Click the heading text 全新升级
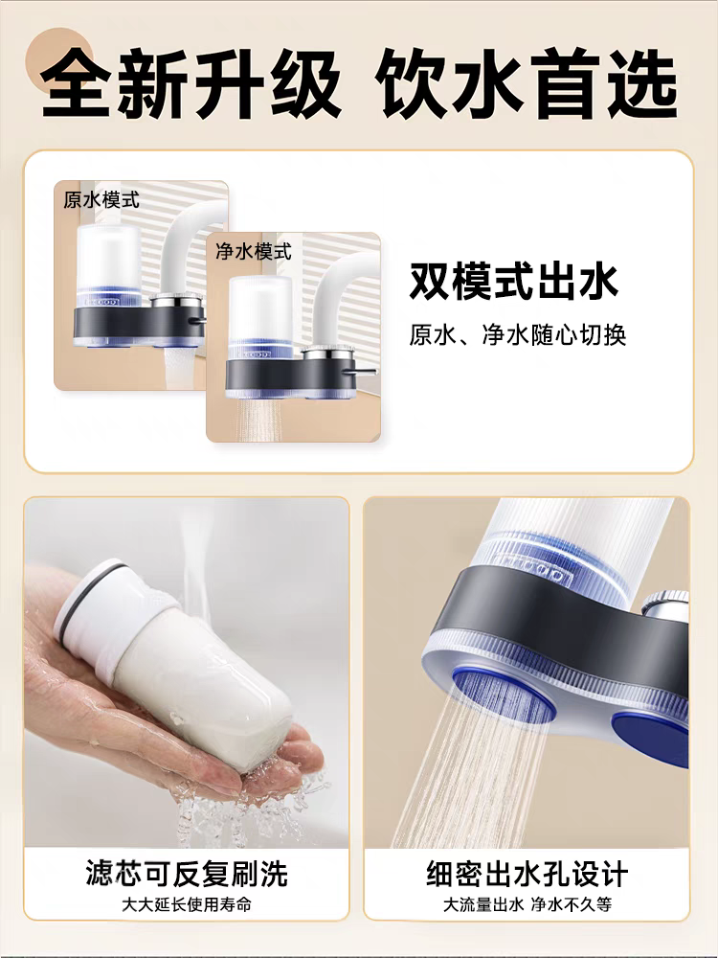point(191,83)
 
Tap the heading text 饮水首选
point(527,83)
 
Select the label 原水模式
point(101,200)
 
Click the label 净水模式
point(254,251)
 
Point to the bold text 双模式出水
point(514,282)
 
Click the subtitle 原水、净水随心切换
point(518,334)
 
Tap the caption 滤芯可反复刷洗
point(187,873)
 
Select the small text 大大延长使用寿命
point(187,904)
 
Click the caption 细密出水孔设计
point(527,874)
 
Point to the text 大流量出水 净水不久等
point(527,904)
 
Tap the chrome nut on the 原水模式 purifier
point(176,299)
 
